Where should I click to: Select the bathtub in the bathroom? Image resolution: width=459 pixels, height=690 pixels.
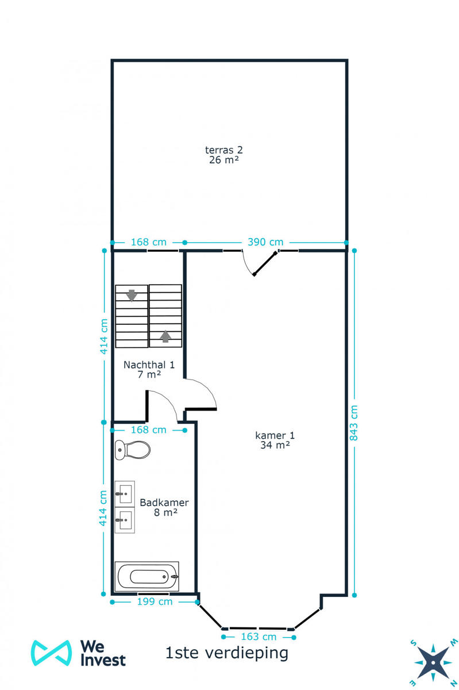(148, 576)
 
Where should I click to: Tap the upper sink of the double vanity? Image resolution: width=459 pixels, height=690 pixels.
(125, 493)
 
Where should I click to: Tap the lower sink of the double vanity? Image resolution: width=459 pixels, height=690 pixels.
(125, 520)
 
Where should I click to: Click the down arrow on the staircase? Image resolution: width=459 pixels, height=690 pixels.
(132, 295)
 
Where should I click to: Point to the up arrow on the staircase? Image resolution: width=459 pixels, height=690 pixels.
(165, 336)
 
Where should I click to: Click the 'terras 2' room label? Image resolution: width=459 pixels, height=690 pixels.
(224, 150)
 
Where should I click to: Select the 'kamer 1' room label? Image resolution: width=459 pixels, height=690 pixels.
(275, 435)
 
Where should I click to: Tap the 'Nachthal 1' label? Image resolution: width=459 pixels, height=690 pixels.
(149, 365)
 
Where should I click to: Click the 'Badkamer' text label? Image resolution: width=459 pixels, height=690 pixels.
(164, 502)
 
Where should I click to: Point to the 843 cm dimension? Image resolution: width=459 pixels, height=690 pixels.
(354, 423)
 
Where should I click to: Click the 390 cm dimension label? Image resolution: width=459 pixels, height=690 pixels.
(265, 242)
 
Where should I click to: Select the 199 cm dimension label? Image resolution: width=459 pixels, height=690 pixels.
(155, 602)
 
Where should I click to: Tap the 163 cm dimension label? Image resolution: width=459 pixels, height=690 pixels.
(258, 637)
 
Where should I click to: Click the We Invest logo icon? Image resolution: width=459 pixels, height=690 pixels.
(51, 653)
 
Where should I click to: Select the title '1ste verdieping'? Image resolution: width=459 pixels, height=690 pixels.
(226, 653)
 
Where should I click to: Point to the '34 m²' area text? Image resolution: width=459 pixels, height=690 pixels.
(275, 444)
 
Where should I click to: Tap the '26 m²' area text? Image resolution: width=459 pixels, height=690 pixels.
(224, 160)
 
